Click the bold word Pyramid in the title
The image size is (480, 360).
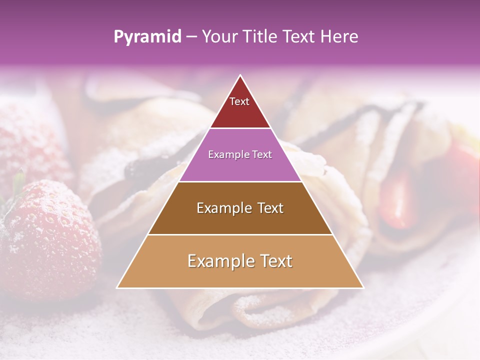click(147, 37)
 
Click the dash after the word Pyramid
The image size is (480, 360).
click(191, 37)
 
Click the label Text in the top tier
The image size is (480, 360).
click(239, 101)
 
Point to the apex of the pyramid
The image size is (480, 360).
click(240, 75)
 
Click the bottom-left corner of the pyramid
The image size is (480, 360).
click(117, 287)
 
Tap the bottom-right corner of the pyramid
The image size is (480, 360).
click(363, 287)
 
